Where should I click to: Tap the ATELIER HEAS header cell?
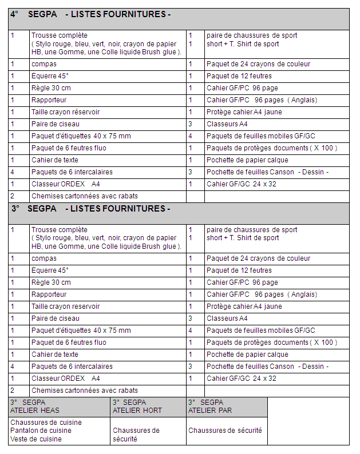[35, 406]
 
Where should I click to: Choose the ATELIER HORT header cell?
[137, 406]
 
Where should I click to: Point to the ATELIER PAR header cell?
[210, 406]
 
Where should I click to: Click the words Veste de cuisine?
[35, 439]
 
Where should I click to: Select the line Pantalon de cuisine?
[41, 431]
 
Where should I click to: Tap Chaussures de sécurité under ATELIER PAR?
[225, 431]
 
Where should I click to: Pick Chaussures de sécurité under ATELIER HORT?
[136, 435]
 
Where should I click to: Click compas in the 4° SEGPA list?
[44, 64]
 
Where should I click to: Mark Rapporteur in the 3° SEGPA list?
[49, 294]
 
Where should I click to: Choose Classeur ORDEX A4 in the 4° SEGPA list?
[66, 184]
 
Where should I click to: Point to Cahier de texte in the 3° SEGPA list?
[55, 355]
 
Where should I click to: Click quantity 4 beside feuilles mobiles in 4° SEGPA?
[191, 136]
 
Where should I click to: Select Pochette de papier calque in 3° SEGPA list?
[247, 355]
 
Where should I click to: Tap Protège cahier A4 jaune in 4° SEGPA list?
[244, 112]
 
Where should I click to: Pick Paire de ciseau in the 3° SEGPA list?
[56, 318]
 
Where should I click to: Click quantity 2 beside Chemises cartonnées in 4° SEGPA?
[12, 196]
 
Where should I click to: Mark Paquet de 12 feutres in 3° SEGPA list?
[239, 270]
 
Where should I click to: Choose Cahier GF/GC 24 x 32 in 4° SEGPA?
[242, 184]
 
